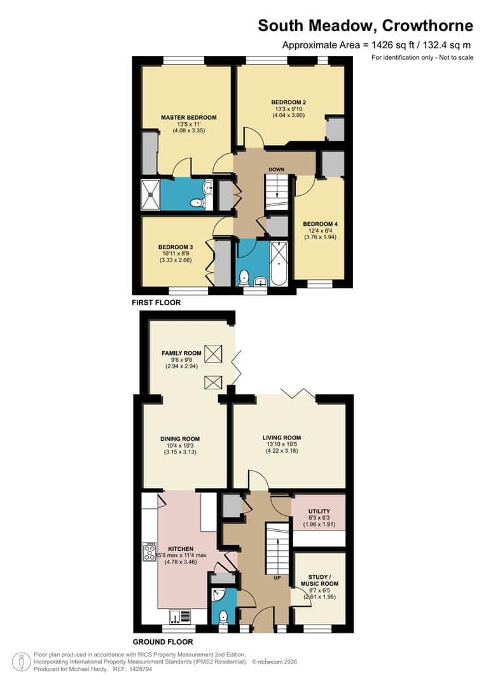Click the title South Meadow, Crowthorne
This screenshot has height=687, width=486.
coord(365,26)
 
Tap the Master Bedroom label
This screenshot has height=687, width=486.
coord(188,118)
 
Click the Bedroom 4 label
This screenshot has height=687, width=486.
coord(319,224)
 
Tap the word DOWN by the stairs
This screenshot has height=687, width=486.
coord(276,169)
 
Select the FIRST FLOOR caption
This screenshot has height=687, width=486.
coord(156,303)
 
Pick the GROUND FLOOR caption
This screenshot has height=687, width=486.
coord(163,642)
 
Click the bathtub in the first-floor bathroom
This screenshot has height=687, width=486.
coord(279,261)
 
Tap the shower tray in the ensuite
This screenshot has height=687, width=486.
coord(150,194)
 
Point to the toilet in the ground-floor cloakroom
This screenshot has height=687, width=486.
coord(223,616)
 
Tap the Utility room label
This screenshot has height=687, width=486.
coord(319,511)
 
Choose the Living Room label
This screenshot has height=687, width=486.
coord(281,438)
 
